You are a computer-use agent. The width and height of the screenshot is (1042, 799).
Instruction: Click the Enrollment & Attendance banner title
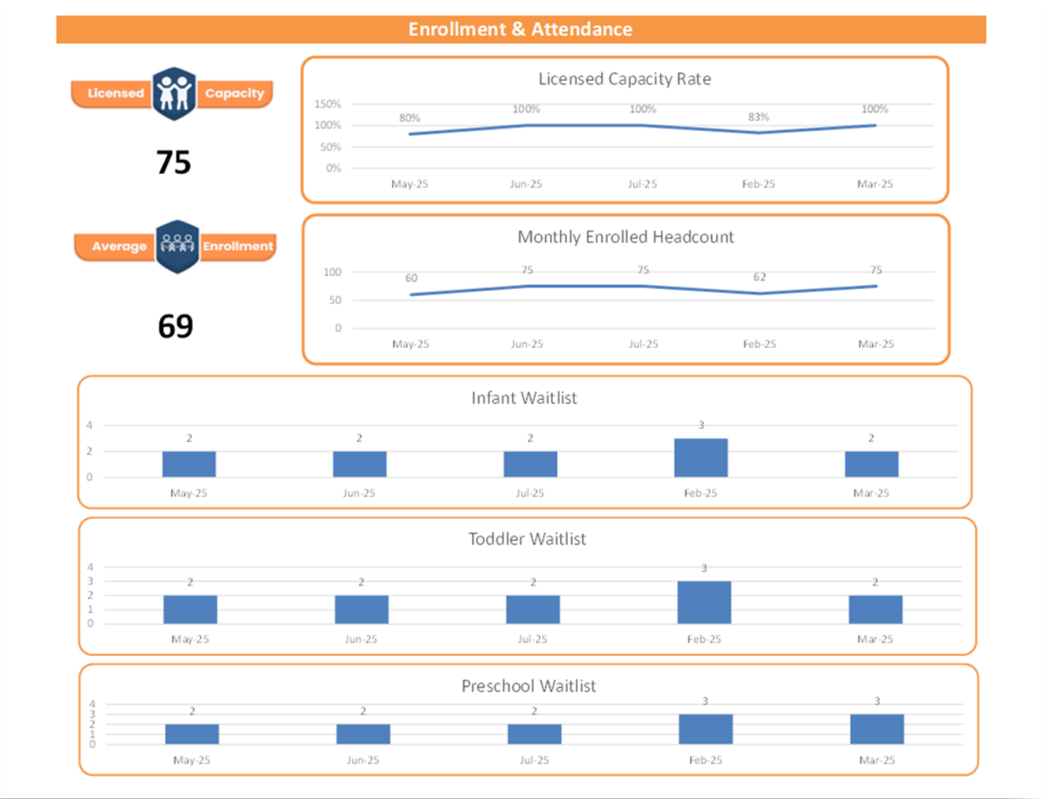point(520,30)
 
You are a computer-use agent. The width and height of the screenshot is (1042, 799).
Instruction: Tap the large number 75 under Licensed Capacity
point(174,163)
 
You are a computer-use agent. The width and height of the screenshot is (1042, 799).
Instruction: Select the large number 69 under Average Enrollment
point(175,326)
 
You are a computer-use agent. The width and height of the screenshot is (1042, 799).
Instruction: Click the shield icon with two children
point(174,94)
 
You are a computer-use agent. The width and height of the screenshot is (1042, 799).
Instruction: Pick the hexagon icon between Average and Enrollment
point(178,247)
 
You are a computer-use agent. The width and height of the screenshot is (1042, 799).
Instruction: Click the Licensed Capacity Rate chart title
point(625,79)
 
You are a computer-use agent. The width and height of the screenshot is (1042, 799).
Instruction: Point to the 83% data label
point(758,117)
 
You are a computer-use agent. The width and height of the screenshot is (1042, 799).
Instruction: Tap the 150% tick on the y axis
point(327,104)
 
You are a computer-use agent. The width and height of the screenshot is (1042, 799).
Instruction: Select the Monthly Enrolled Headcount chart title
point(625,237)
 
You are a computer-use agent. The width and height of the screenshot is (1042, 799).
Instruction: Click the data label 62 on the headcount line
point(759,278)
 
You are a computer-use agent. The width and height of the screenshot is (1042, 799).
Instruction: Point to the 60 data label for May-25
point(411,278)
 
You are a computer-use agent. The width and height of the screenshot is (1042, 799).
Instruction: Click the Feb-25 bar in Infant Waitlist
point(701,458)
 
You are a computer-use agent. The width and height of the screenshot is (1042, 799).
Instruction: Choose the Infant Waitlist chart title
point(524,398)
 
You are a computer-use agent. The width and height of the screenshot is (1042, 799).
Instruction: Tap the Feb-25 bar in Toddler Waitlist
point(704,602)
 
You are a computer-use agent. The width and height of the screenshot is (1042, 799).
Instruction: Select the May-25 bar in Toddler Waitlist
point(191,609)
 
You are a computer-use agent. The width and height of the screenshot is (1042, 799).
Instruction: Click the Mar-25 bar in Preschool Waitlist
point(877,729)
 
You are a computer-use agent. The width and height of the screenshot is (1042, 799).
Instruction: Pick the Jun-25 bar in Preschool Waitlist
point(363,734)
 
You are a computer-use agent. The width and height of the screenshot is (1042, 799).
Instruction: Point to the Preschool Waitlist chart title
point(529,686)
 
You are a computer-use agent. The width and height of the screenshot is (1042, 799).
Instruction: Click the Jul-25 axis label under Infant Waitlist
point(530,493)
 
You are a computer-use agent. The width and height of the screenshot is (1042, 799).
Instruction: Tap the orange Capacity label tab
point(234,94)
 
